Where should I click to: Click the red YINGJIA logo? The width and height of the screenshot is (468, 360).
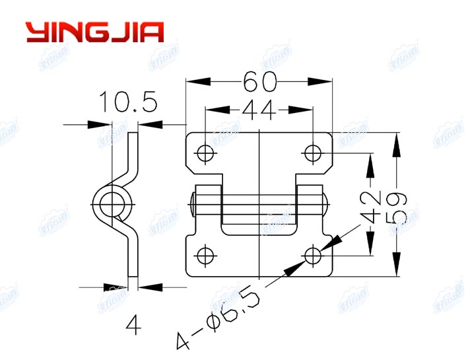pos(94,32)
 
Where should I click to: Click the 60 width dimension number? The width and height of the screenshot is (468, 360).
pos(259,81)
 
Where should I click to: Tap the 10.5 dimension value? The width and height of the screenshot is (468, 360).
pos(128,103)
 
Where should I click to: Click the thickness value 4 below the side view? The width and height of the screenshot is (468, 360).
pos(133,324)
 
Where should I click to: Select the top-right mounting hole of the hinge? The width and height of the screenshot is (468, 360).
pos(313,153)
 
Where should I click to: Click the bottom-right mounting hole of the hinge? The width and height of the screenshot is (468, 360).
pos(313,254)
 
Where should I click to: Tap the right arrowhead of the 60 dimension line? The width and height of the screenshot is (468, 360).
pos(325,81)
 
